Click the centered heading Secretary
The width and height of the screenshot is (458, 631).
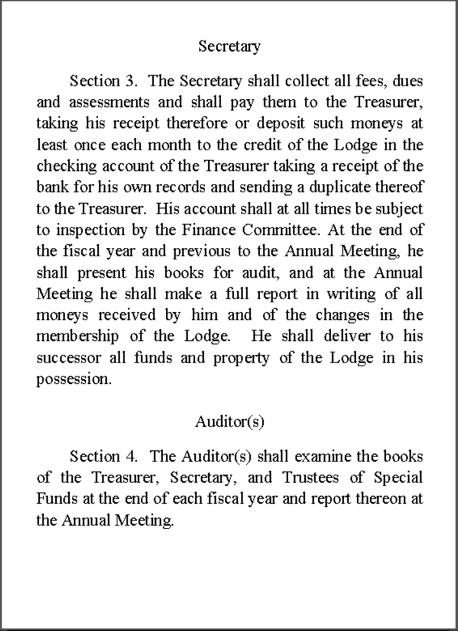tap(229, 46)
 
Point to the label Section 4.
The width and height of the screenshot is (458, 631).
tap(103, 456)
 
